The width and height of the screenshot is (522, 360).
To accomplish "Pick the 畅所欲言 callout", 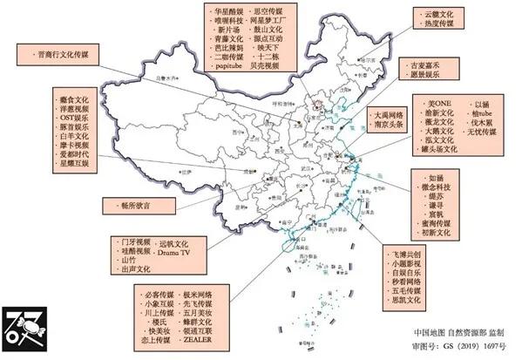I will click(x=135, y=206).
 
